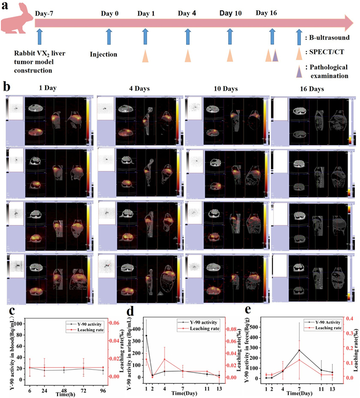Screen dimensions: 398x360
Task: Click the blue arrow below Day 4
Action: pos(187,37)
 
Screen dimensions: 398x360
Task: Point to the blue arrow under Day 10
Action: pos(230,37)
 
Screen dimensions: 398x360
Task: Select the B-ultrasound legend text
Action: pos(327,37)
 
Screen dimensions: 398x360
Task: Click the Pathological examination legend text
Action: pos(326,71)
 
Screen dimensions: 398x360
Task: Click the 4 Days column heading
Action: pos(135,89)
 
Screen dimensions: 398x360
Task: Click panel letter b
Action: pos(7,86)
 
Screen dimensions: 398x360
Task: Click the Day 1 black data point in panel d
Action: pos(147,336)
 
